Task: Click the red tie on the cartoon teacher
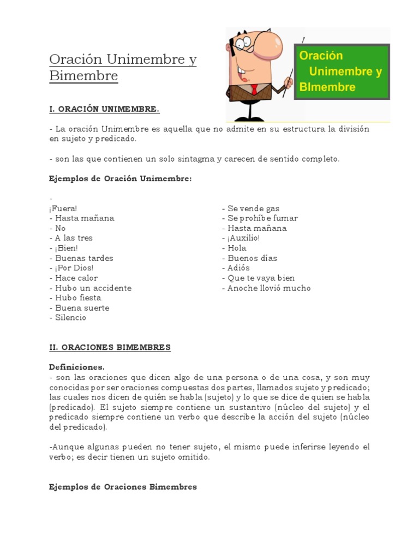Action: (x=254, y=89)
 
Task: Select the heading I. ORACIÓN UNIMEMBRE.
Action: (x=104, y=109)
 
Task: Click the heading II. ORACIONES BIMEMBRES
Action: (x=110, y=347)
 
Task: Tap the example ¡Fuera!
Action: (x=63, y=208)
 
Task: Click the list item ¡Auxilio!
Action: (x=243, y=238)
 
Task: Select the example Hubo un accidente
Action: (x=93, y=288)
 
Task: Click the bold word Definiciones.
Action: (x=77, y=367)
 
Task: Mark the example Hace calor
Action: (x=75, y=278)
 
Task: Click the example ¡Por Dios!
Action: (x=74, y=267)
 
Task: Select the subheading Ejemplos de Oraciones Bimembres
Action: (x=123, y=486)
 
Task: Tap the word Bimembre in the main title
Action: (x=83, y=76)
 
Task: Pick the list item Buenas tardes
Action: (x=84, y=258)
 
